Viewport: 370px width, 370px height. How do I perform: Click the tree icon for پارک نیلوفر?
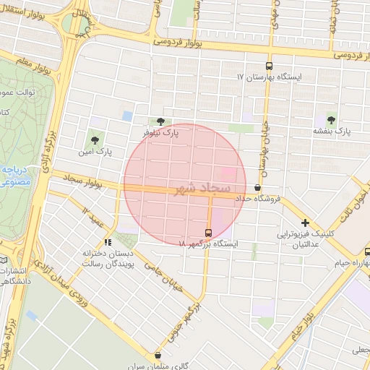tap(160, 121)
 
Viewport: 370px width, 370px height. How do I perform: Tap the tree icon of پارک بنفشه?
tap(332, 120)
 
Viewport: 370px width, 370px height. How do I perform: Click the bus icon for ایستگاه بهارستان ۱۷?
tap(270, 64)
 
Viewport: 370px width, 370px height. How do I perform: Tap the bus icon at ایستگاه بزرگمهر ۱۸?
tap(209, 233)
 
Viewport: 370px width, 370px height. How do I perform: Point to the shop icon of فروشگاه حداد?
tap(258, 187)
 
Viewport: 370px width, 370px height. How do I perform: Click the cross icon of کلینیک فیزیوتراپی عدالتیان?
tap(306, 223)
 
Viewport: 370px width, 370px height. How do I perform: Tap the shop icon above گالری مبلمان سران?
tap(158, 355)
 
